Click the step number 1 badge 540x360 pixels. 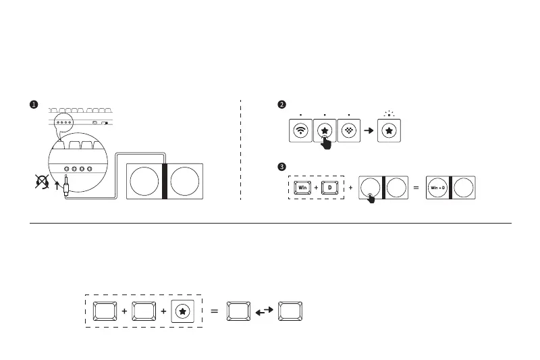33,105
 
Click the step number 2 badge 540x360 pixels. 282,105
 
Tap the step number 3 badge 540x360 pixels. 282,166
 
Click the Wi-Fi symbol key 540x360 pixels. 300,130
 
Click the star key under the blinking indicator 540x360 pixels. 389,130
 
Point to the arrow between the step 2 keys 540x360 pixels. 369,130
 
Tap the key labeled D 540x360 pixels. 330,187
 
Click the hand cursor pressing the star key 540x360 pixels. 327,141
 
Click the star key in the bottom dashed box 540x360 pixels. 184,311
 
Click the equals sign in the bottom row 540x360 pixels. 215,311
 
